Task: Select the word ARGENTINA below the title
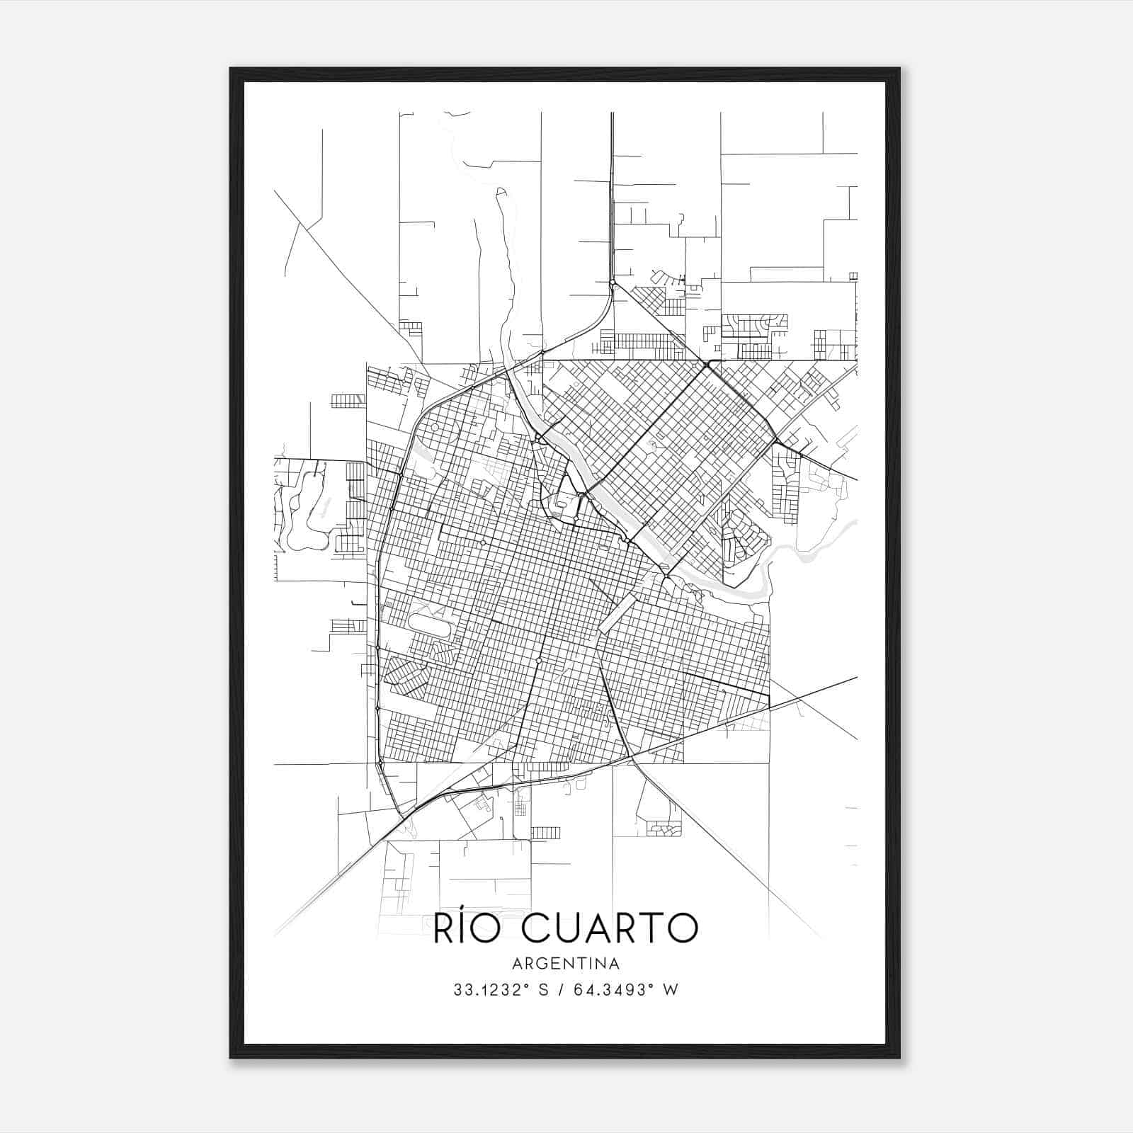(566, 964)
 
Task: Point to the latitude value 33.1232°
(493, 990)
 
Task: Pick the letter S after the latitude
(544, 990)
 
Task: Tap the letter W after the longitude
(671, 990)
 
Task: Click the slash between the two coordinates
(562, 990)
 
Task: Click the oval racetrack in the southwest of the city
(429, 626)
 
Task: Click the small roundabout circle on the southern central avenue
(540, 660)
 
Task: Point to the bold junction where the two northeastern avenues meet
(707, 365)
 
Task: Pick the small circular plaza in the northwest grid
(433, 428)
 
